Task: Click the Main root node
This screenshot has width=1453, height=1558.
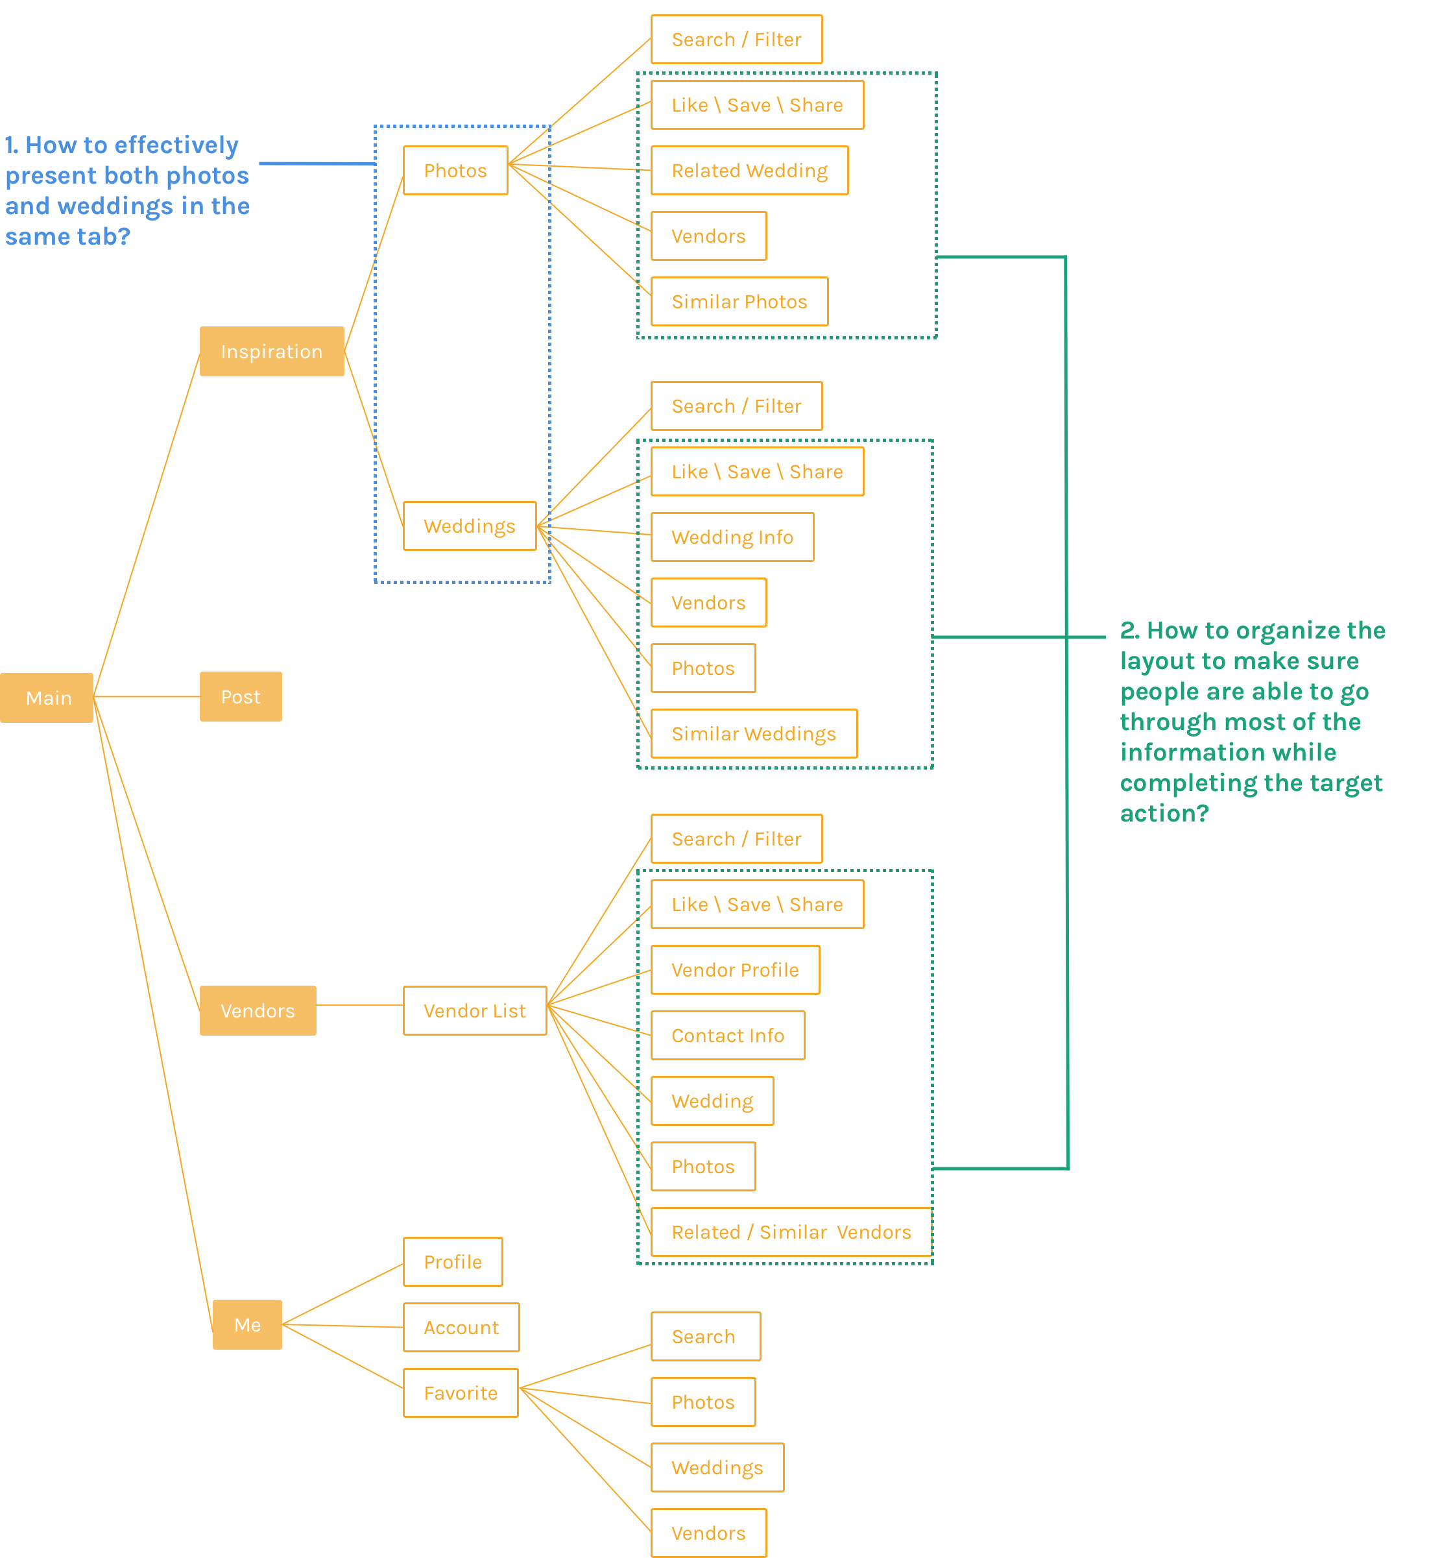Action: pos(47,698)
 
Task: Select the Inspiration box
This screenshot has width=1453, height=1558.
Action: pos(271,351)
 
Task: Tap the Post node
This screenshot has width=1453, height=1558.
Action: pos(241,697)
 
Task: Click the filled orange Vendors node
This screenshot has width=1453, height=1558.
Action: pos(258,1010)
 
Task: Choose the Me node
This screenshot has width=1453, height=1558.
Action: pos(246,1324)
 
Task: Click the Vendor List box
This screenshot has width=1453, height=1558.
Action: pos(475,1010)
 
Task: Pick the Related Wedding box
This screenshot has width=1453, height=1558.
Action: pos(749,170)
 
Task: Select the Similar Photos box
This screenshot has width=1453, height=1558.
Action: pos(739,301)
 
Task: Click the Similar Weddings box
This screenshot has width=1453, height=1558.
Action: pos(754,733)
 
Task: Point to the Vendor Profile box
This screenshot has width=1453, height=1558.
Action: pos(735,969)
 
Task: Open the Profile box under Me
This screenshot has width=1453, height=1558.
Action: pos(453,1261)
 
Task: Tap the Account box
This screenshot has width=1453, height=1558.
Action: pos(461,1328)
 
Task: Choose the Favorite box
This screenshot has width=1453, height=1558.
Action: pos(461,1393)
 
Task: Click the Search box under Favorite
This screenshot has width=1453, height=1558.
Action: pos(705,1336)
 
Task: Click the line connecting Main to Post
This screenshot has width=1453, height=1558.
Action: pos(147,696)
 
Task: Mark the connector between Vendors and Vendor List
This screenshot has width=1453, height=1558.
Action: pos(359,1004)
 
